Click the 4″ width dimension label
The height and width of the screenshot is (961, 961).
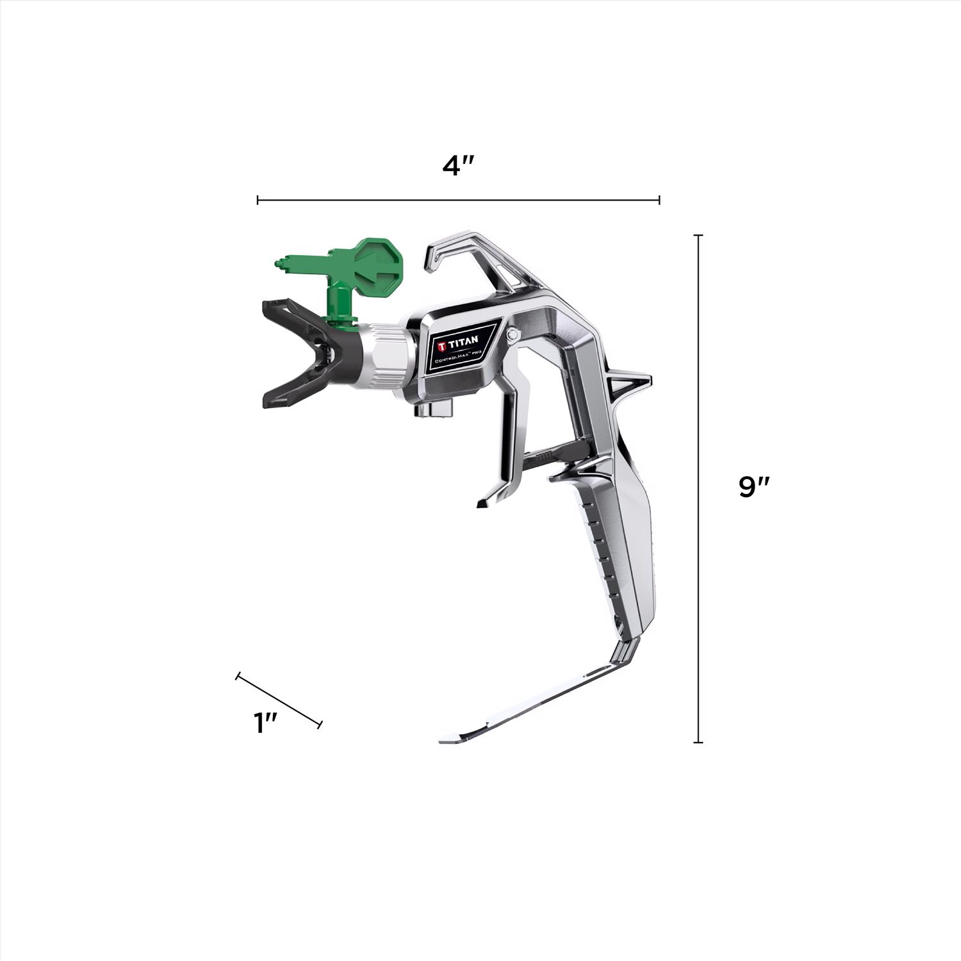pos(457,166)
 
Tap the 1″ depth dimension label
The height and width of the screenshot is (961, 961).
pos(265,723)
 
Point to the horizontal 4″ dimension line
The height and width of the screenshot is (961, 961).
pos(458,201)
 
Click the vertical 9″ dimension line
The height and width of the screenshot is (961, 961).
pos(698,489)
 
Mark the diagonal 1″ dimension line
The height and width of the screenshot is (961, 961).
pos(279,700)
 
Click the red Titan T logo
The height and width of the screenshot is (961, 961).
pos(442,346)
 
